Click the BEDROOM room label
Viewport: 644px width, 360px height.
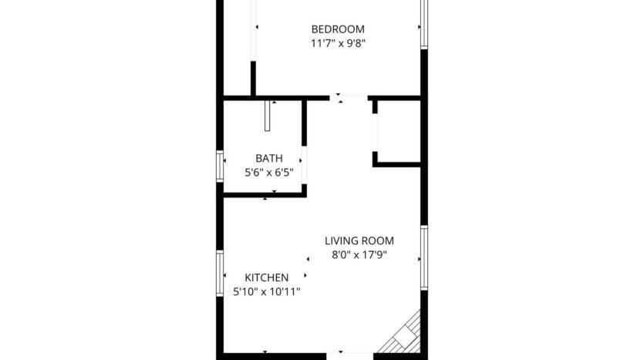pos(332,29)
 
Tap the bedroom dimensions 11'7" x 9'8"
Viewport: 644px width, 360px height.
pos(332,44)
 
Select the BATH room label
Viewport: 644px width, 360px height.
pos(268,158)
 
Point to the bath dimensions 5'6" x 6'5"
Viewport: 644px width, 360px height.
pos(268,173)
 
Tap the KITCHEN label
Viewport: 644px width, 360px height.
pos(267,278)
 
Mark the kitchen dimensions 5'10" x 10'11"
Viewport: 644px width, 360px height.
pos(267,291)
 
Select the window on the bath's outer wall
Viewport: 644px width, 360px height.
pos(220,166)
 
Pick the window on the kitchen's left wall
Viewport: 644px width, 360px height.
pos(220,274)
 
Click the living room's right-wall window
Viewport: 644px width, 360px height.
pos(423,257)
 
